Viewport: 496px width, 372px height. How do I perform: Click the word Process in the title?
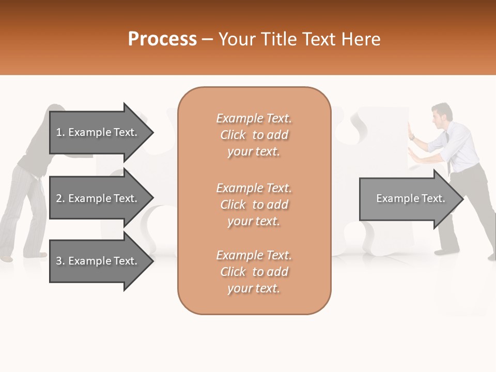[162, 39]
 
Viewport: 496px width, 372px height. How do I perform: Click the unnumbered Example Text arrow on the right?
[408, 199]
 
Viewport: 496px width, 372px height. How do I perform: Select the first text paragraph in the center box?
[254, 135]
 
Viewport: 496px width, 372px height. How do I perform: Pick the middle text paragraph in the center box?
[254, 205]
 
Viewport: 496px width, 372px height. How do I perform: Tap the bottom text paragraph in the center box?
[254, 272]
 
